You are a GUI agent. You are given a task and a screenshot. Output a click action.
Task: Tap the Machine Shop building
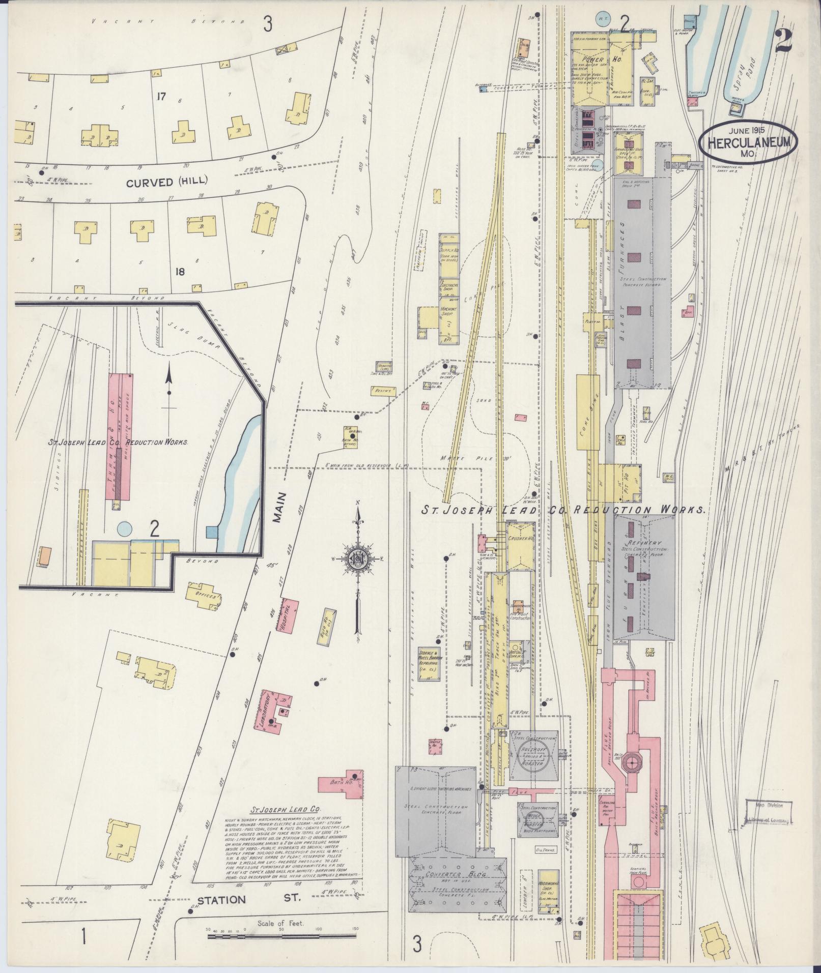pos(449,316)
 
